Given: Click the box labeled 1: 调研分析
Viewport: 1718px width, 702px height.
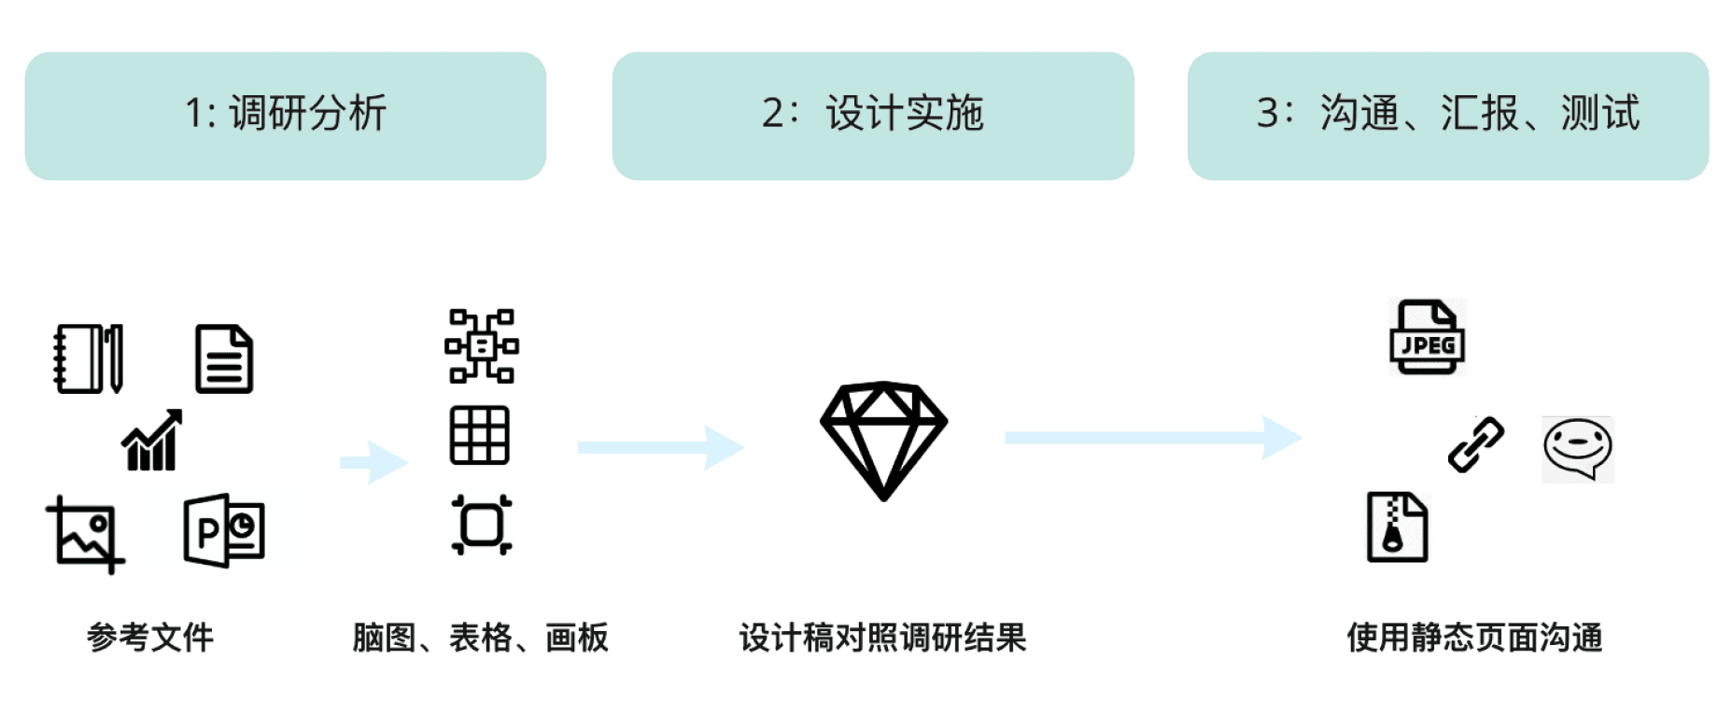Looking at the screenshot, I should click(x=286, y=116).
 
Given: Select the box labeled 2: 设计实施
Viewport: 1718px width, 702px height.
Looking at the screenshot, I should click(x=873, y=116).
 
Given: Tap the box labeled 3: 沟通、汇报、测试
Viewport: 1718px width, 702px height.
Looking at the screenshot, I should click(x=1447, y=116).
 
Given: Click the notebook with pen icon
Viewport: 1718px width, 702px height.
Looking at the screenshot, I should click(x=89, y=358).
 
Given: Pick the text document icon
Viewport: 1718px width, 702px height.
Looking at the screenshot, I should click(x=224, y=358).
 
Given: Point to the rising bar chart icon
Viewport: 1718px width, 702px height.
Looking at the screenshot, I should click(x=152, y=441).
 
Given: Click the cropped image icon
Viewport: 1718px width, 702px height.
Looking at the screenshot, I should click(x=85, y=534).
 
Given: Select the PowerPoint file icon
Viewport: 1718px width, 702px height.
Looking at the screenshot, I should click(x=224, y=530).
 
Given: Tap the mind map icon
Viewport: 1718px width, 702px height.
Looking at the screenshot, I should click(x=482, y=346).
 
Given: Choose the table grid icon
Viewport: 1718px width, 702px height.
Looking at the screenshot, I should click(x=480, y=435).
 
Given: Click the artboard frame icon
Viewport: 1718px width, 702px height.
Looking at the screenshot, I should click(x=482, y=525).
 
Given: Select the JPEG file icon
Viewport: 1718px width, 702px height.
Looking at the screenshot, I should click(x=1427, y=338).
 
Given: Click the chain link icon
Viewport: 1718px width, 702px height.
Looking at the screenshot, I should click(x=1475, y=444).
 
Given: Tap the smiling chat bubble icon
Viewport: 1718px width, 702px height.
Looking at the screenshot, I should click(x=1577, y=449).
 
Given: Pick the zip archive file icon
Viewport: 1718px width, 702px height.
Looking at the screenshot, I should click(x=1397, y=527).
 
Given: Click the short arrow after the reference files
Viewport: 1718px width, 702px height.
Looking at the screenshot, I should click(x=374, y=461).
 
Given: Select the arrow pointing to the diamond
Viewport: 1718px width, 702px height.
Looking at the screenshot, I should click(x=660, y=447).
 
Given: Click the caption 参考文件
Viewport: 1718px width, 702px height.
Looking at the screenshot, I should click(x=150, y=638).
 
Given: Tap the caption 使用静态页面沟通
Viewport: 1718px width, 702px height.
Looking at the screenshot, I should click(x=1474, y=638).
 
